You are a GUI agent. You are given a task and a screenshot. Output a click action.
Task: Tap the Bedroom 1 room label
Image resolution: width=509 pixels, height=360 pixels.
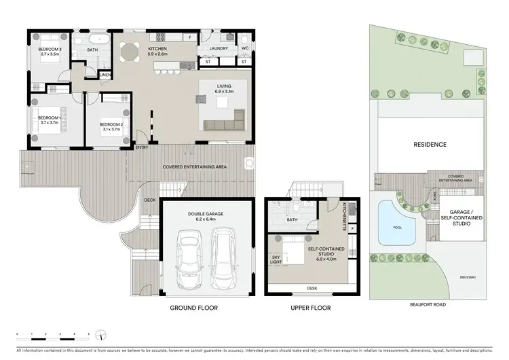[x=50, y=120]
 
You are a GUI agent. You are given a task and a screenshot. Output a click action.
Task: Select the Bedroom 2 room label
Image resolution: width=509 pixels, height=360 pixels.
[x=111, y=126]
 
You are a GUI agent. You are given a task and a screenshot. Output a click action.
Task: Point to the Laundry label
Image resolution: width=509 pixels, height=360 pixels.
[x=217, y=48]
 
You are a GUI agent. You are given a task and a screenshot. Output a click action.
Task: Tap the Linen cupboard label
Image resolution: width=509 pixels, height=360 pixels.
[x=106, y=75]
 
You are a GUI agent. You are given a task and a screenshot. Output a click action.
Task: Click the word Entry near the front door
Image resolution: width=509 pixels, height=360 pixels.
[x=142, y=147]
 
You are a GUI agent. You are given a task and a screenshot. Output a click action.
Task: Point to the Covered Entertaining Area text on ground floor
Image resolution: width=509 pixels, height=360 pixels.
[x=194, y=166]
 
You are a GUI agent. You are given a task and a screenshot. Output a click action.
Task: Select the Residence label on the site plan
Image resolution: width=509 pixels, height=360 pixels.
[x=430, y=145]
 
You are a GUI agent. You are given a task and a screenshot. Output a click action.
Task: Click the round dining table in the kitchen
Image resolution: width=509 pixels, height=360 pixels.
[x=129, y=52]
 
